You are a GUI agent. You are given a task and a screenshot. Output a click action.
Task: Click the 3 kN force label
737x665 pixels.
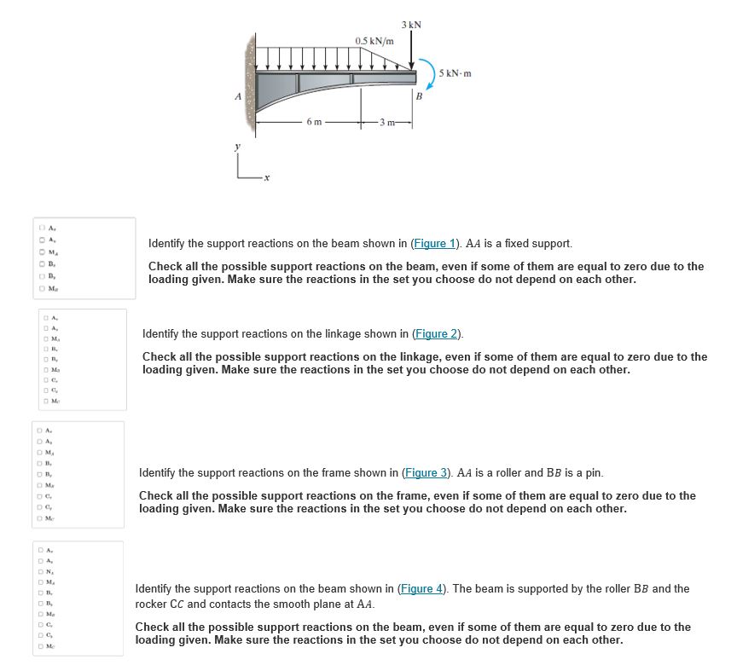click(413, 25)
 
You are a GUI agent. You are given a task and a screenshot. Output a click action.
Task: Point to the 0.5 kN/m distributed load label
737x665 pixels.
click(374, 41)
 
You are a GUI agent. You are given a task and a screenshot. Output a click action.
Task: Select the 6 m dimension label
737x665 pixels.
click(314, 122)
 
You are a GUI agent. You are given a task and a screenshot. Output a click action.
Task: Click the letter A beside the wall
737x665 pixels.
click(239, 95)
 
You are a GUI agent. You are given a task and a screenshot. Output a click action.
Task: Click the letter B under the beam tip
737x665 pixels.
click(418, 95)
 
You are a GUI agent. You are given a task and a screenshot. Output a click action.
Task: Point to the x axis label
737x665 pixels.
click(266, 178)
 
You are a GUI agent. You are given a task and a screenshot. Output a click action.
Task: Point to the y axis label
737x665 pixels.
click(238, 147)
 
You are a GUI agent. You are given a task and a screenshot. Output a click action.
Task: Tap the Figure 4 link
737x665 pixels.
click(421, 588)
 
